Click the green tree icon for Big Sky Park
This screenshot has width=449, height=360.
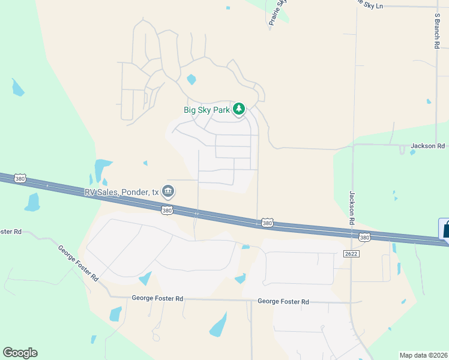coord(240,109)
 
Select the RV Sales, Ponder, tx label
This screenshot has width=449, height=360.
coord(121,192)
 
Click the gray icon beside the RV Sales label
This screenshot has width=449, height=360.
coord(168,191)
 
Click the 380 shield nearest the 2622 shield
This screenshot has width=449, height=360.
coord(364,238)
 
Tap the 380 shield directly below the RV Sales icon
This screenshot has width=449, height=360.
coord(167,210)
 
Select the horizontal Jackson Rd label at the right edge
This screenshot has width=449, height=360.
coord(427,146)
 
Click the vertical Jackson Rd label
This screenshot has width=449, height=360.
coord(352,208)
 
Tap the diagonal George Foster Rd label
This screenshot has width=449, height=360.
coord(79,263)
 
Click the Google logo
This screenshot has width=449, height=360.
coord(20,353)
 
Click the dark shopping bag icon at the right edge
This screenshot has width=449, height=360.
coord(445,229)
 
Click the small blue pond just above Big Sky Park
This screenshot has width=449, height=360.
coord(191,79)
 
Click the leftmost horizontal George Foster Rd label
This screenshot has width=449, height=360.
coord(157,298)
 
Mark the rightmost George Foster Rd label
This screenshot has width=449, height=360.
coord(283,302)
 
